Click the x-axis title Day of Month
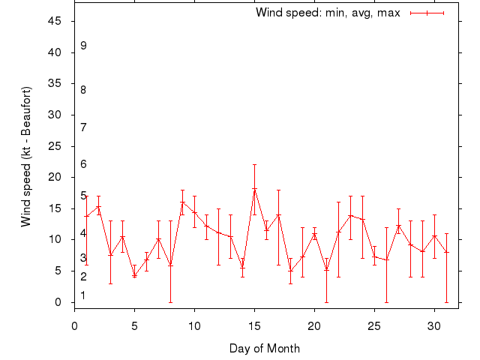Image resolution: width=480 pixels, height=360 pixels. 265,348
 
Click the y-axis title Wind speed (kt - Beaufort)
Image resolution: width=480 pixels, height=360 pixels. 26,156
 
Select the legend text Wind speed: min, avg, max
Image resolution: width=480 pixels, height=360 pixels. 328,13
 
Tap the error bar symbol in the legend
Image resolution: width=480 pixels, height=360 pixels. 427,13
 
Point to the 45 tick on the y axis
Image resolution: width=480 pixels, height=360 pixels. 55,21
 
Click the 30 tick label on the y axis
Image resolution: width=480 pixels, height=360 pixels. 55,115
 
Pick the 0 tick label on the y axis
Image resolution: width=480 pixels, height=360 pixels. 58,302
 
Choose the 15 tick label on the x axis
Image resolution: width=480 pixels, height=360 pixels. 254,325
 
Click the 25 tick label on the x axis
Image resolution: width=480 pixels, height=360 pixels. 374,325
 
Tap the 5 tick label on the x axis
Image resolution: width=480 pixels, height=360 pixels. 134,325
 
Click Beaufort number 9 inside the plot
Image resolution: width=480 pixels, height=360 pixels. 83,46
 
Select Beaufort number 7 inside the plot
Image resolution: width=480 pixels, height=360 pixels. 83,127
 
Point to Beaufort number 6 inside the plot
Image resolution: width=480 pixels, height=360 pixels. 83,164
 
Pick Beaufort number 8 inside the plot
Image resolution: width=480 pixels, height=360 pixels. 83,90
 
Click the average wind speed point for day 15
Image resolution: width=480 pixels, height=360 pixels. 254,190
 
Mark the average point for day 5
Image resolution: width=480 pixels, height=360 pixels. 134,275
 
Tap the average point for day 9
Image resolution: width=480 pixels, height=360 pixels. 182,202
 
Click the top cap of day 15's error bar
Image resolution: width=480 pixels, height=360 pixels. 254,165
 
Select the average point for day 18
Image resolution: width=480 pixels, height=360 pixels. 290,271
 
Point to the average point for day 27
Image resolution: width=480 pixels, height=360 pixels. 398,226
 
